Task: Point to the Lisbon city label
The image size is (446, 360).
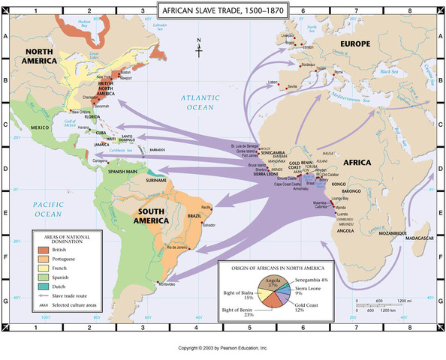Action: tap(273, 82)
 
